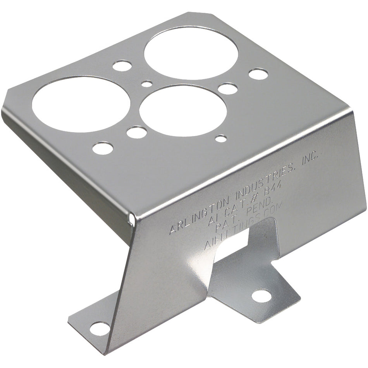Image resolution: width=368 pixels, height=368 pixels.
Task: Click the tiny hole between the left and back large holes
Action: [147, 83]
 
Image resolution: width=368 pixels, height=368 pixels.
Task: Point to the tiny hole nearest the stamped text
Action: [221, 138]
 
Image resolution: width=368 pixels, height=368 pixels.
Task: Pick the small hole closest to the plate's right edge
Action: [258, 74]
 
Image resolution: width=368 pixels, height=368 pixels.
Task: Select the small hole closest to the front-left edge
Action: [103, 148]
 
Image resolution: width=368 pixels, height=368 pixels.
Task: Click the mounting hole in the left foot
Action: [100, 328]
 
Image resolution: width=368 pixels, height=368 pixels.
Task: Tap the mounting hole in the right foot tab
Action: [261, 296]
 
